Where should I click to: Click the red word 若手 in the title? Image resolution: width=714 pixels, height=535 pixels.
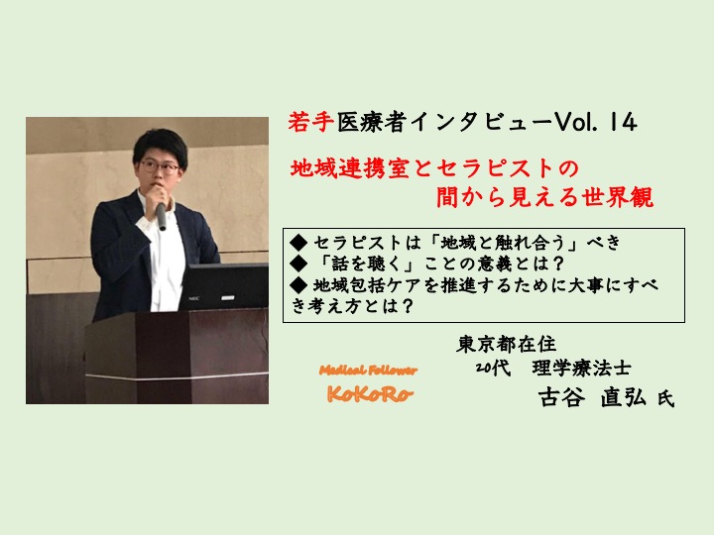click(311, 122)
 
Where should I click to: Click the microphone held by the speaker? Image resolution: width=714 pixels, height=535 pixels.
click(161, 216)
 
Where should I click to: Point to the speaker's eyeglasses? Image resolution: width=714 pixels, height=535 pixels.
click(160, 167)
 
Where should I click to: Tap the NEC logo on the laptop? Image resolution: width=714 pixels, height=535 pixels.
click(194, 298)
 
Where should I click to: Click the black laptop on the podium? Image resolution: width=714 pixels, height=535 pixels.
click(223, 287)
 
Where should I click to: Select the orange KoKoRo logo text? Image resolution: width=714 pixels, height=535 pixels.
click(369, 394)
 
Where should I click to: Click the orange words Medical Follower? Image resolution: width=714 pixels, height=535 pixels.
click(368, 371)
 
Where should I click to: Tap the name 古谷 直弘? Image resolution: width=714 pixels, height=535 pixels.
click(592, 397)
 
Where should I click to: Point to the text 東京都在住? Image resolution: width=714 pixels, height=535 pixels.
click(506, 344)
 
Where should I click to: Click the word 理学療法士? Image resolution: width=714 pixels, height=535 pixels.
click(581, 368)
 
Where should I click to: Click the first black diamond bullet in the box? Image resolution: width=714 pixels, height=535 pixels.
click(298, 243)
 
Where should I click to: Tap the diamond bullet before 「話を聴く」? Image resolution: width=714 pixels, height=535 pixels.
click(298, 264)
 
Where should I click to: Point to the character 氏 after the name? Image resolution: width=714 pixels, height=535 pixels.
click(665, 399)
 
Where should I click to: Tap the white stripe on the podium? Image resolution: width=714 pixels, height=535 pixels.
click(178, 376)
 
